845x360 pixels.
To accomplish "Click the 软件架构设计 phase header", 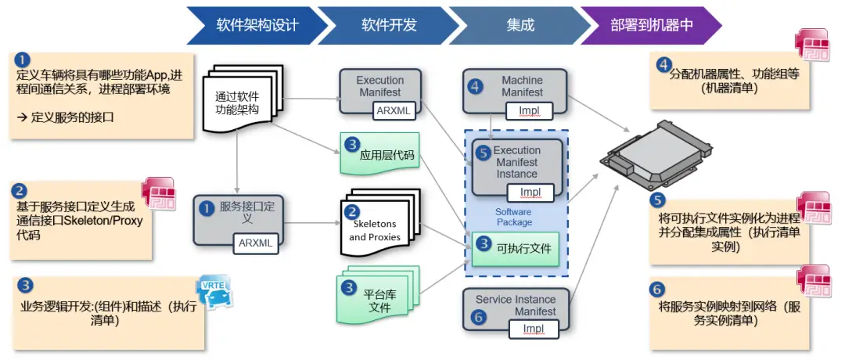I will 257,25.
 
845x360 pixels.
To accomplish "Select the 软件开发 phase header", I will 389,25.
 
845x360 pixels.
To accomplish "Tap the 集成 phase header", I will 520,25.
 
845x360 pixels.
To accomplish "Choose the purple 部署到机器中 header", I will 652,25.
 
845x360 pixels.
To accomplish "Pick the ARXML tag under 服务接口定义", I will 257,243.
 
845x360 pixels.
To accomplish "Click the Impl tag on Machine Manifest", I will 530,110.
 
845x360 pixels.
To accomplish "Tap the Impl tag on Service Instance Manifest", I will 534,329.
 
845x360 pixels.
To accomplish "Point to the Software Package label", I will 513,217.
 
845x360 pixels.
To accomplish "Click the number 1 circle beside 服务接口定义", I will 206,208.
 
